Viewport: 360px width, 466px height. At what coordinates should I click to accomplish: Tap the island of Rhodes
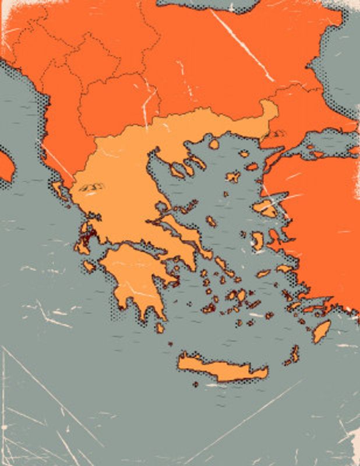(x=321, y=331)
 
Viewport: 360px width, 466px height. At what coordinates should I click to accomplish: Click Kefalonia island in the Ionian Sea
(x=82, y=246)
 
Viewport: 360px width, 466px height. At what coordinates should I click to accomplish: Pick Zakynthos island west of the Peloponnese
(x=89, y=266)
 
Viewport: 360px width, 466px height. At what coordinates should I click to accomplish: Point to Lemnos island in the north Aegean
(x=234, y=176)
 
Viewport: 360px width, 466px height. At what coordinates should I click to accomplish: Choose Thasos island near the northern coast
(x=214, y=143)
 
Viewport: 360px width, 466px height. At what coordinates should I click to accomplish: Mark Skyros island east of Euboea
(x=211, y=221)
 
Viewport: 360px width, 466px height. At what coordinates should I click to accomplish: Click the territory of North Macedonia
(x=111, y=105)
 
